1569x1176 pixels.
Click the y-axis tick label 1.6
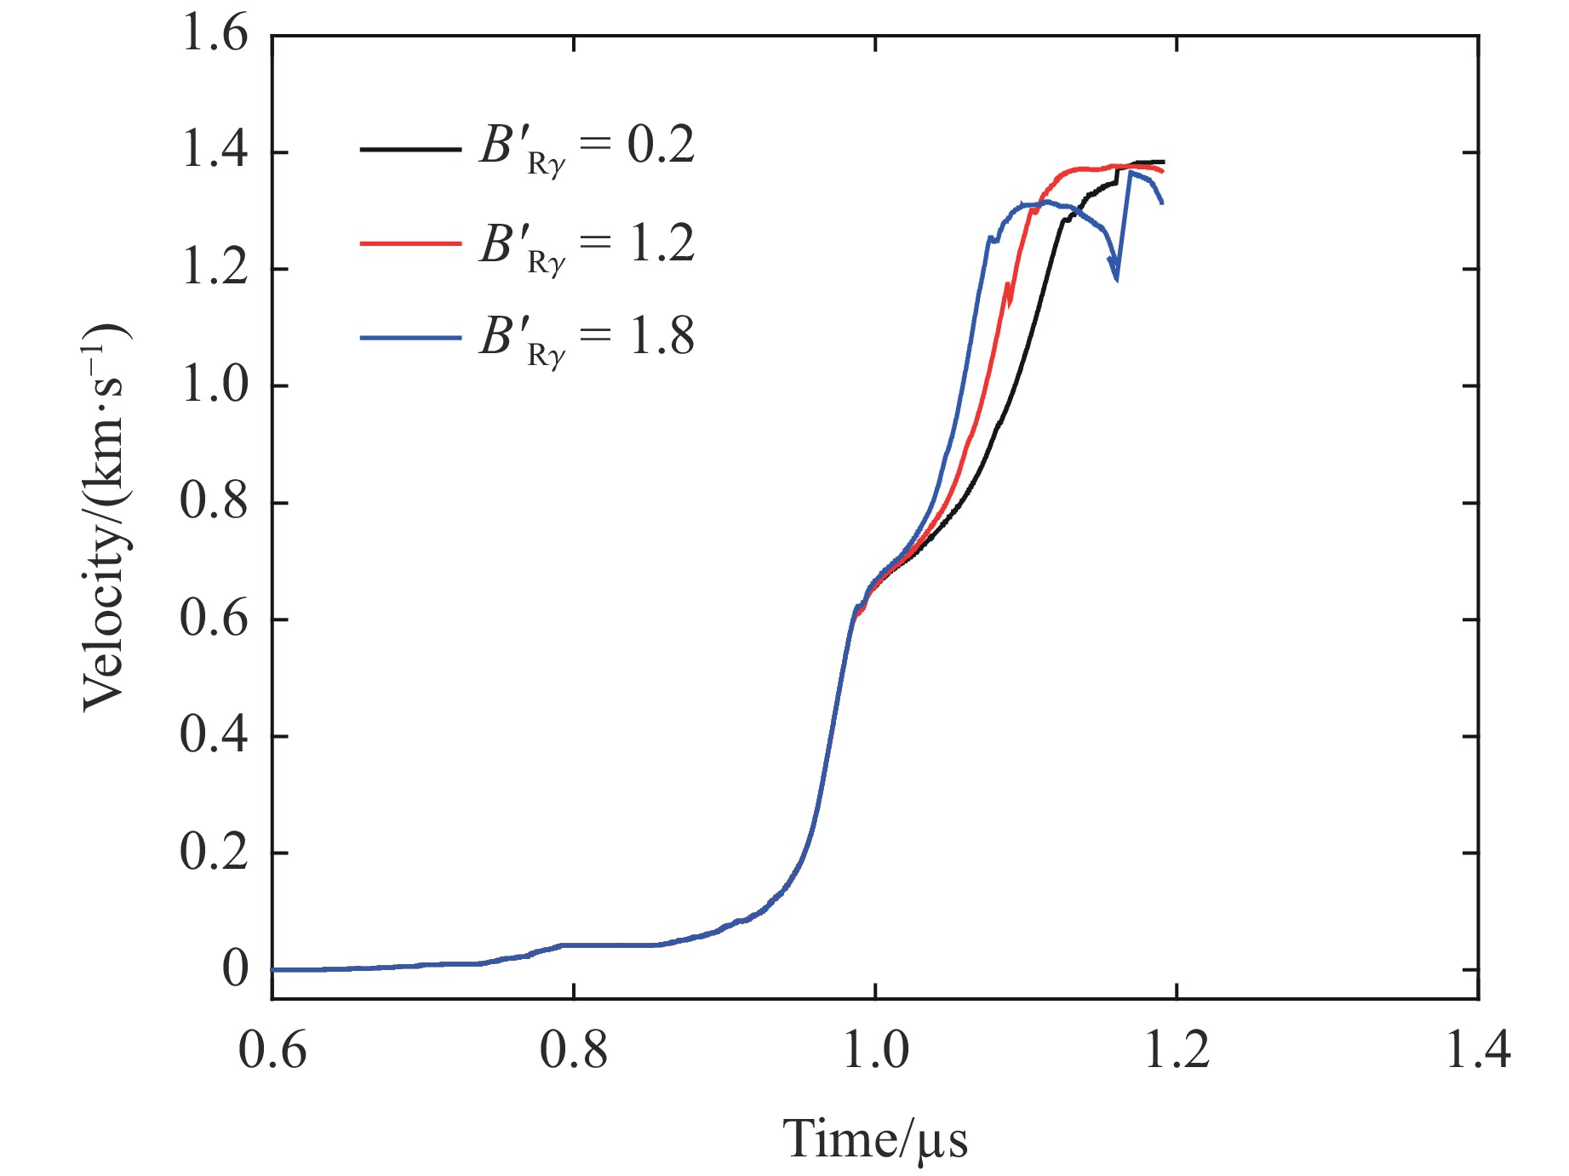(215, 37)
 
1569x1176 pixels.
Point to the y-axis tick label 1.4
(215, 152)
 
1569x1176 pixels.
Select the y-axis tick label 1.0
(215, 385)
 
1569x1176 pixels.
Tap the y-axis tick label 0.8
(215, 502)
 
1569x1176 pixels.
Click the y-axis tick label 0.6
(215, 619)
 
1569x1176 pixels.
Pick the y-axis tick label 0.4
(215, 735)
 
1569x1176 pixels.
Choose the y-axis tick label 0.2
(215, 852)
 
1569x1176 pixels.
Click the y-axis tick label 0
(235, 969)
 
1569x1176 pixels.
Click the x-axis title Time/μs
(875, 1139)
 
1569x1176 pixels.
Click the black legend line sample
(410, 149)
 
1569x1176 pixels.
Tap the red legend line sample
(410, 243)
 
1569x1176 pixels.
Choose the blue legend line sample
(410, 338)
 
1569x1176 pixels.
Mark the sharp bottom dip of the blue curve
(1116, 279)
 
